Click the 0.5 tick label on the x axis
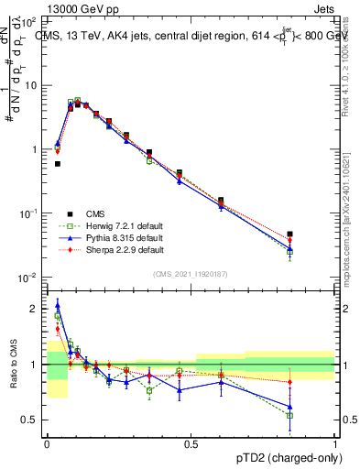click(x=191, y=444)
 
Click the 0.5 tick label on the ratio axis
click(x=32, y=420)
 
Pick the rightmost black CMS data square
click(x=315, y=234)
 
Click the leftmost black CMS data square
click(x=58, y=164)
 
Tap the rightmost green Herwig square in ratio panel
click(x=315, y=415)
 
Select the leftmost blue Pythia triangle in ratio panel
click(x=58, y=306)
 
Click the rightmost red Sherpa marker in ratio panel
click(x=315, y=382)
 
